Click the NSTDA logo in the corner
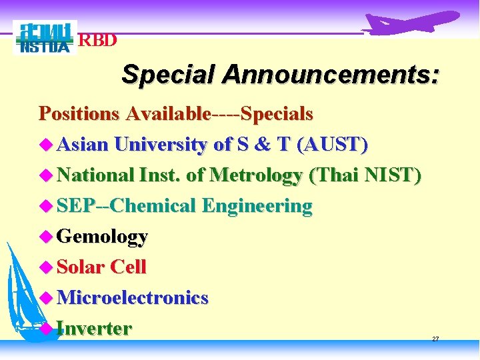(x=45, y=37)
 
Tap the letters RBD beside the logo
(x=99, y=41)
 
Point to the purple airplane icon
(x=412, y=23)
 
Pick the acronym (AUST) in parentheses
(x=332, y=145)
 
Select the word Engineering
(x=257, y=206)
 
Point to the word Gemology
(x=102, y=237)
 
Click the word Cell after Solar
(x=128, y=267)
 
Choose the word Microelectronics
(x=133, y=298)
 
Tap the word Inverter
(x=94, y=329)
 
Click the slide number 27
(x=435, y=339)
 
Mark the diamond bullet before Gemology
(x=45, y=236)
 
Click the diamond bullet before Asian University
(x=45, y=144)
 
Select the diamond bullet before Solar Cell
(x=45, y=267)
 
